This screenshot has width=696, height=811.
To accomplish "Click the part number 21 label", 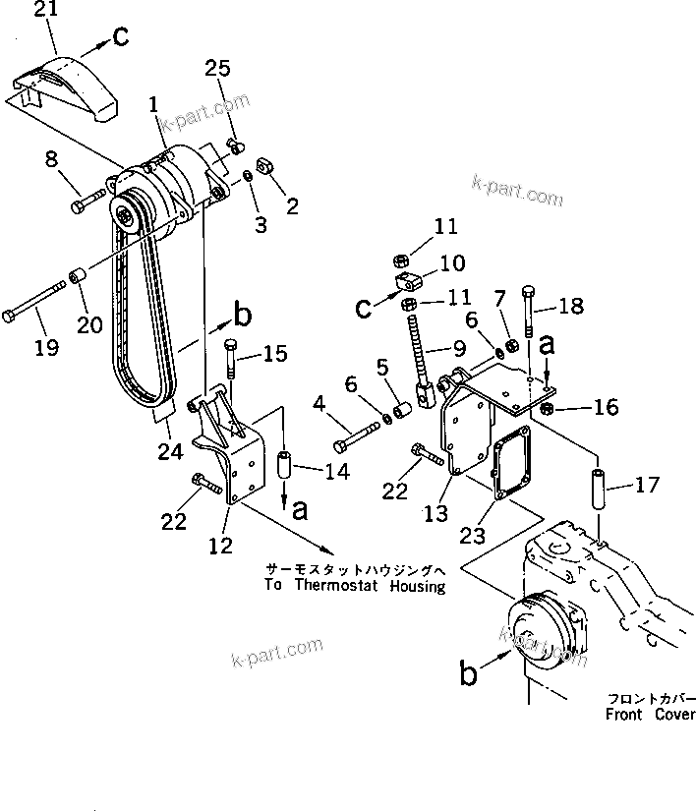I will click(45, 12).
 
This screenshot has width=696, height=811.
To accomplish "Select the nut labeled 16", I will click(548, 407).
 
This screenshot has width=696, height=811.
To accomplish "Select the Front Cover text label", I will click(650, 715).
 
